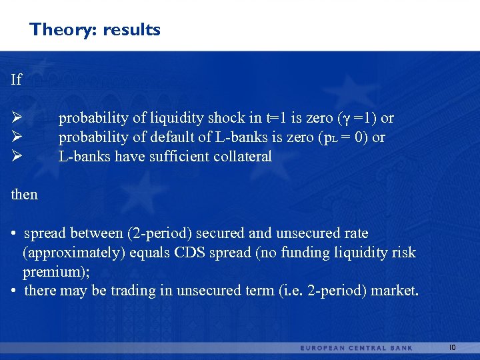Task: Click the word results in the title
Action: point(131,30)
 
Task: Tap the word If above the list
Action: point(17,80)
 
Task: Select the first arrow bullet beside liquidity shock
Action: point(18,118)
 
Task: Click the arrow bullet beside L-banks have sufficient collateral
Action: point(18,157)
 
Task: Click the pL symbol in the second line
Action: point(328,138)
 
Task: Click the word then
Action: point(25,195)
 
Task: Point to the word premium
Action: point(49,272)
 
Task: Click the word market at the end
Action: point(394,291)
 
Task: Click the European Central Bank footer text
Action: point(357,347)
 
